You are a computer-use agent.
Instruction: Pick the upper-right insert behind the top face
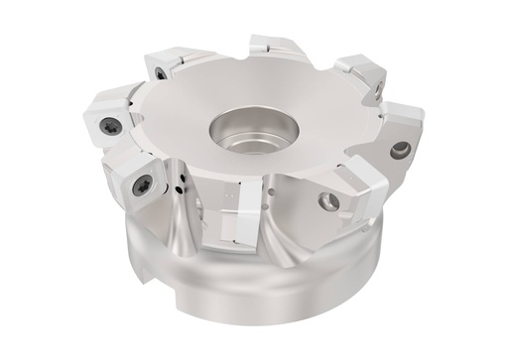(x=357, y=71)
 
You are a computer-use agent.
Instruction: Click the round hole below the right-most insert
(x=400, y=151)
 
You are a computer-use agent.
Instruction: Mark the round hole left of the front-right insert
(x=329, y=201)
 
